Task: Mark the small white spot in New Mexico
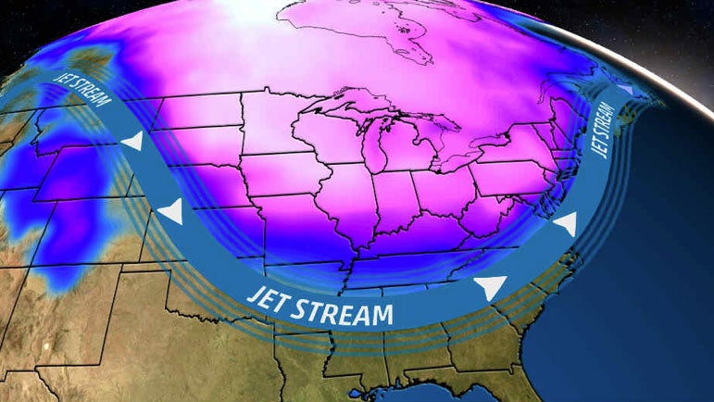(44, 347)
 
